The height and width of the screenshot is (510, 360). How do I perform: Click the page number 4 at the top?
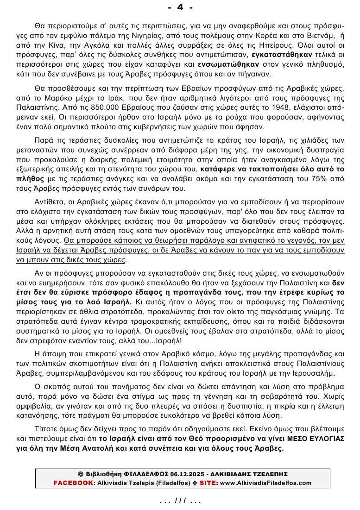click(180, 7)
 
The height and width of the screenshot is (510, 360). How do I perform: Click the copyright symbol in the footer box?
click(80, 474)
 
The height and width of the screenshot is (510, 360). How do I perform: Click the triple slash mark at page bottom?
click(180, 501)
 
